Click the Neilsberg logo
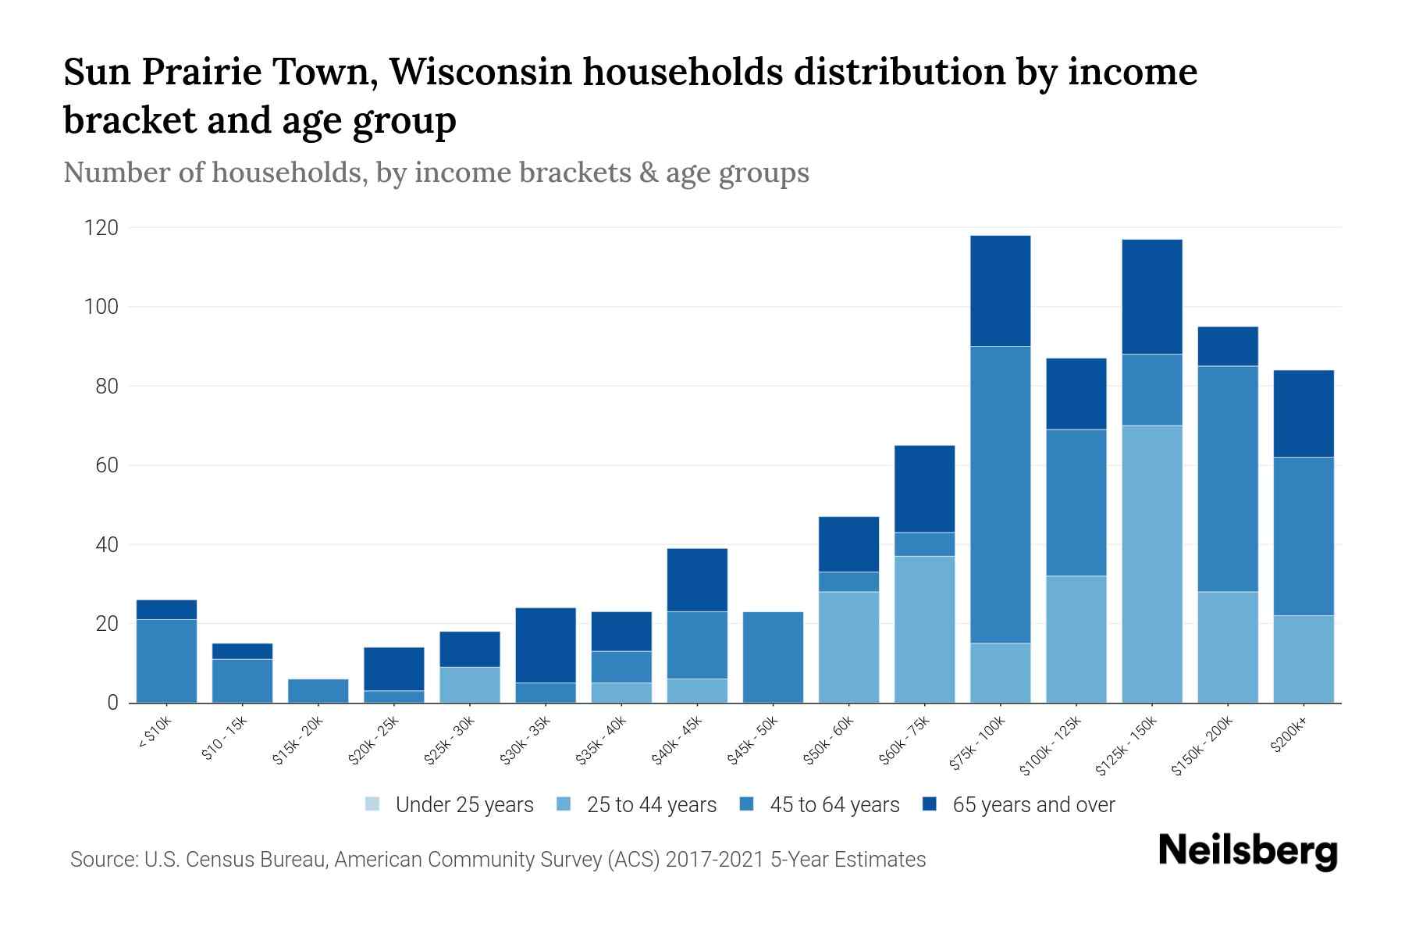[x=1247, y=850]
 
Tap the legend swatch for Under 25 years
[x=372, y=804]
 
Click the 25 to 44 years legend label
[x=651, y=804]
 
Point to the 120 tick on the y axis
[x=101, y=228]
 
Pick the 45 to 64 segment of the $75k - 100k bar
[x=1000, y=494]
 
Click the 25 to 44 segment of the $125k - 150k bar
[x=1151, y=564]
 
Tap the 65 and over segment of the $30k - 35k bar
[x=546, y=645]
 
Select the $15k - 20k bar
[x=318, y=691]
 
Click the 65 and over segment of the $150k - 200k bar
[x=1228, y=346]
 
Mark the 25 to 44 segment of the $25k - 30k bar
[x=470, y=685]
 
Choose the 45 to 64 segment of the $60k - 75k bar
[x=924, y=544]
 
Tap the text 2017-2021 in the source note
[x=715, y=860]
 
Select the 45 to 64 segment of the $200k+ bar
[x=1304, y=536]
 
